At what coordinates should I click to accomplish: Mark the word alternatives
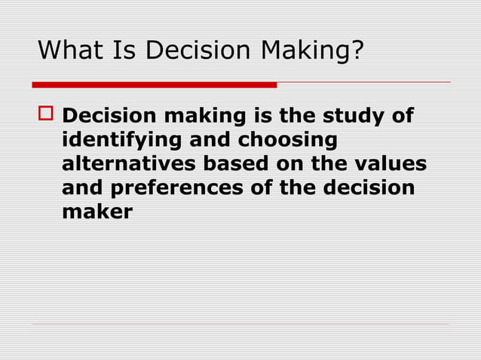tap(122, 164)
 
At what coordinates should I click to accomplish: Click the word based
tap(220, 164)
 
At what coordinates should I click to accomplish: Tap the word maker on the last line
tap(97, 212)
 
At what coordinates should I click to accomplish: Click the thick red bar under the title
tap(155, 84)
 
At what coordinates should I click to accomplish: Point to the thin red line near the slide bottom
tap(240, 325)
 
